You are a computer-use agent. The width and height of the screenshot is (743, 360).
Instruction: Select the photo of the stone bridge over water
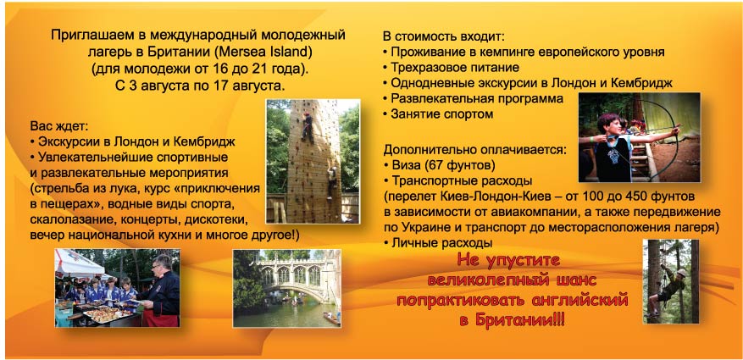[x=286, y=287]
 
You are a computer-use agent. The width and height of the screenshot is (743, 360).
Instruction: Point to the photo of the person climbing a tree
[x=670, y=280]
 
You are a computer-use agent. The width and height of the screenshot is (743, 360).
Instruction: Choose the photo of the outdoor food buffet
[x=116, y=287]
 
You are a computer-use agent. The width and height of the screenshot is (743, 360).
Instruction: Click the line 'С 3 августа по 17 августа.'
[x=200, y=86]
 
